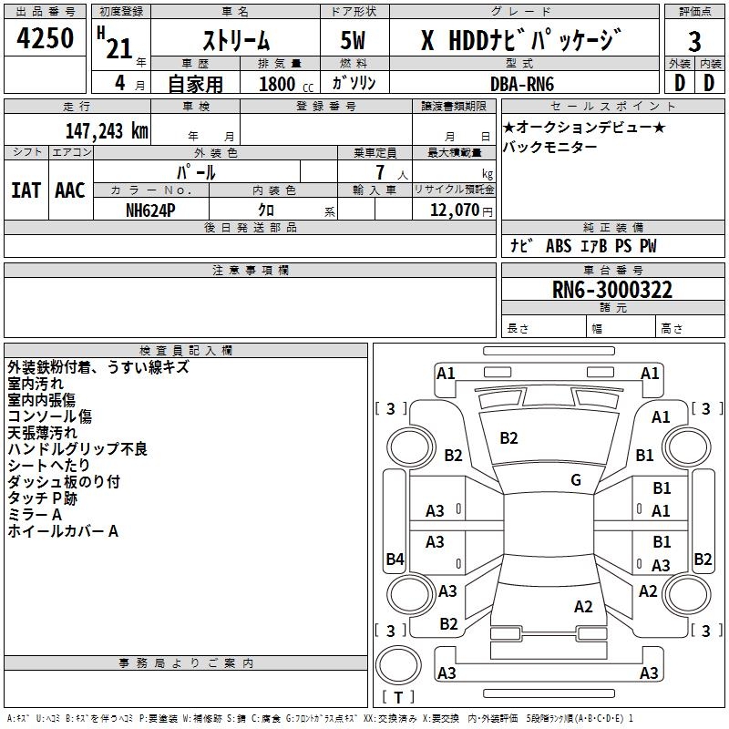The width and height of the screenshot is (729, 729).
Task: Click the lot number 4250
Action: point(45,38)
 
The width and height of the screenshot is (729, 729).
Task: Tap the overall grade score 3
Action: point(694,42)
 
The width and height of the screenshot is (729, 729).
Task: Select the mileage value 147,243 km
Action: point(107,131)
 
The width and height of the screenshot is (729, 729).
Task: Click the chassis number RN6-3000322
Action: point(612,290)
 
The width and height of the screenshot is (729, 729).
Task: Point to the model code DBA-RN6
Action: point(522,84)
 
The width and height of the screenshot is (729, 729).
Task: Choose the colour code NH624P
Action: point(150,210)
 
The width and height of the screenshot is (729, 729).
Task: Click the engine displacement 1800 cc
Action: point(286,84)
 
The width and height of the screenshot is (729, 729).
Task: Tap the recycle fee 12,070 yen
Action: point(461,210)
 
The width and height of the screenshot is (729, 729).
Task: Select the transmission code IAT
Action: point(26,190)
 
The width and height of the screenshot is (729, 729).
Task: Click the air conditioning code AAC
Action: point(70,190)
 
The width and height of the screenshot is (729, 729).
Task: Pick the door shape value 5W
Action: point(353,40)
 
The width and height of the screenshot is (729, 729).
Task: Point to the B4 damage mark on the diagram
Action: point(395,559)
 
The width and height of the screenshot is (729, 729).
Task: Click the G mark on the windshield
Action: point(576,480)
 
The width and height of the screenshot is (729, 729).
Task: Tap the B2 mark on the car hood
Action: point(508,438)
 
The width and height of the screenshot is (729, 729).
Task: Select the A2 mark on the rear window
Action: point(583,606)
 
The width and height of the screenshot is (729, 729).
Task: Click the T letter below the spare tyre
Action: point(398,697)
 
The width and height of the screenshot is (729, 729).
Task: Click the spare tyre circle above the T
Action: point(398,665)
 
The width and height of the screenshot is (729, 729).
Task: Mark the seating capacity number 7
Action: point(380,172)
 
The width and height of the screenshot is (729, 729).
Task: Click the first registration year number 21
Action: point(119,48)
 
